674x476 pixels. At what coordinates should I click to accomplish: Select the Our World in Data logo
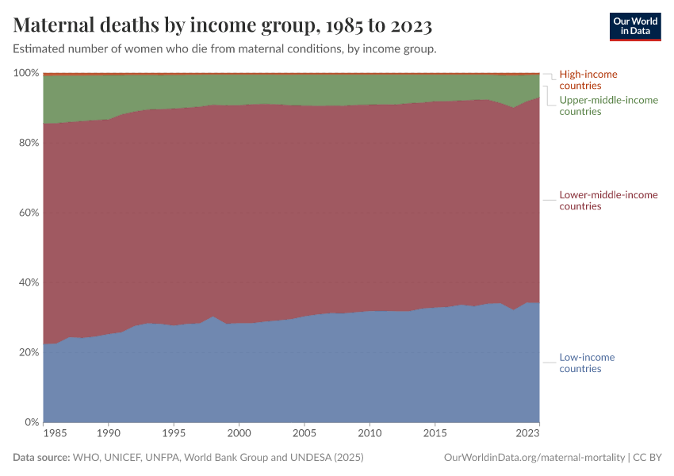634,26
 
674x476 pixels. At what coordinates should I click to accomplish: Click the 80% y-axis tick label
27,143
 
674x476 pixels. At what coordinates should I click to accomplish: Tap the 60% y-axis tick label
27,213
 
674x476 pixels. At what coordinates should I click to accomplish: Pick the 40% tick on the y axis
27,282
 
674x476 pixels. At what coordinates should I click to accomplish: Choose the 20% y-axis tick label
27,352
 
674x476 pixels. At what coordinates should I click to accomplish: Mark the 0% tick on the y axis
30,422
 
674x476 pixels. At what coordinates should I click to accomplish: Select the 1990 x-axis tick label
109,434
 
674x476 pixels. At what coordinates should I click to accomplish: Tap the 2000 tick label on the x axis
239,434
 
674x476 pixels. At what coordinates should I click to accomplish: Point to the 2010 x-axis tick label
370,434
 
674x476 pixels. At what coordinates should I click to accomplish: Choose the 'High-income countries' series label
588,79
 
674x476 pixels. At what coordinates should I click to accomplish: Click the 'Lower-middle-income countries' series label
608,200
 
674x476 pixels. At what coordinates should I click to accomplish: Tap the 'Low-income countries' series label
587,363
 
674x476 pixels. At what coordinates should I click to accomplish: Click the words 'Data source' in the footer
41,458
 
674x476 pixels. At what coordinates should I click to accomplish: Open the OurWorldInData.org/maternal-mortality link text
534,458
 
